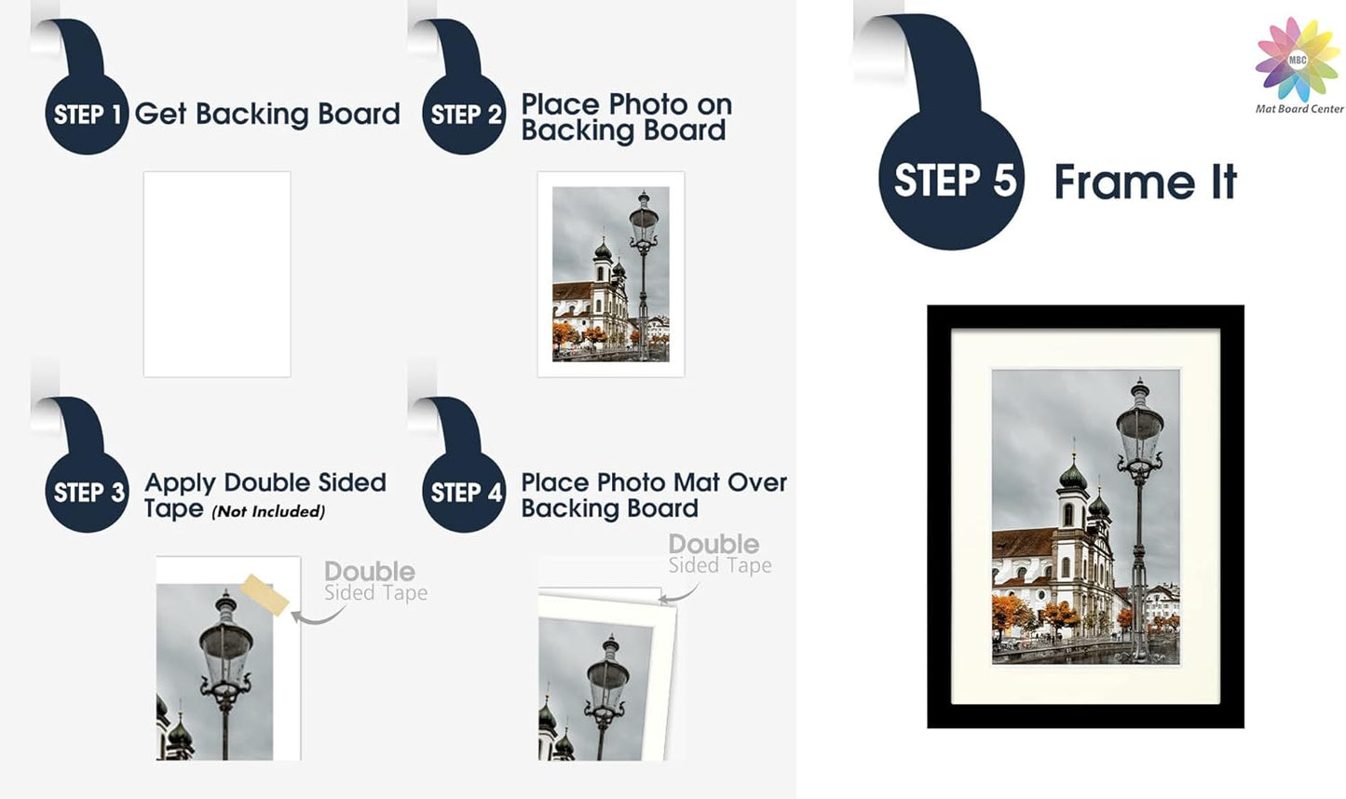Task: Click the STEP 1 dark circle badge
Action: coord(87,114)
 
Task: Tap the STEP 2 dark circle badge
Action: coord(464,114)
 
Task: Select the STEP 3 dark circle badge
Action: coord(87,492)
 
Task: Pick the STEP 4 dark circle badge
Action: coord(464,492)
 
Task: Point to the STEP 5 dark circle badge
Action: coord(952,180)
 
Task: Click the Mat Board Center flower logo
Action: coord(1298,60)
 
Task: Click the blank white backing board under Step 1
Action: coord(217,274)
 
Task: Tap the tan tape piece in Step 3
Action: coord(265,595)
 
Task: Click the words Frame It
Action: coord(1145,182)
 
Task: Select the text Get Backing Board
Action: coord(267,114)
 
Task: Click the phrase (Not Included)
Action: coord(268,511)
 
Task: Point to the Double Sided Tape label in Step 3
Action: coord(374,581)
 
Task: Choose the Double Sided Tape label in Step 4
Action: coord(719,553)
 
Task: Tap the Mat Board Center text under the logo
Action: coord(1299,109)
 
